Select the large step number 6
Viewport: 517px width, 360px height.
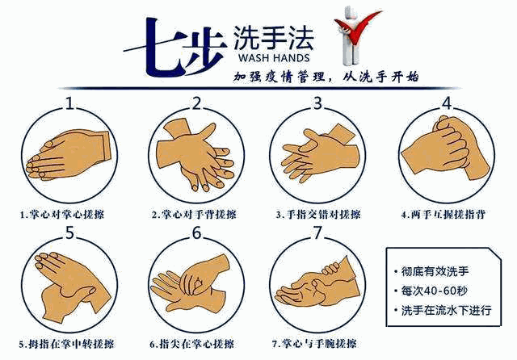click(196, 232)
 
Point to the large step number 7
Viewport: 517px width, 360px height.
click(317, 232)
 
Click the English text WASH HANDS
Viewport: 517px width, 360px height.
click(274, 58)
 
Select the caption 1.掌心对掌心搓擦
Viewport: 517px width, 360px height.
click(62, 215)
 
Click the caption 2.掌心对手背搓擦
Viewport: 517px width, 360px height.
click(194, 215)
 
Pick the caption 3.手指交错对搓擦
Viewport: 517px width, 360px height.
click(318, 215)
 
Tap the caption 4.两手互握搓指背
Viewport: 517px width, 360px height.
click(443, 215)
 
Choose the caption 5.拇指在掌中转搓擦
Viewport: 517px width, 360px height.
click(67, 344)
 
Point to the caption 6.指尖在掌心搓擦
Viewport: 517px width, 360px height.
click(192, 344)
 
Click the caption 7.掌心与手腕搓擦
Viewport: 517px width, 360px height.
click(314, 344)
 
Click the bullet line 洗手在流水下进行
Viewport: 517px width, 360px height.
click(443, 310)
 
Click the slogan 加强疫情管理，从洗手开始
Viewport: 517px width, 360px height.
click(326, 77)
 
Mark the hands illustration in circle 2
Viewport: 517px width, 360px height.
click(195, 155)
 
